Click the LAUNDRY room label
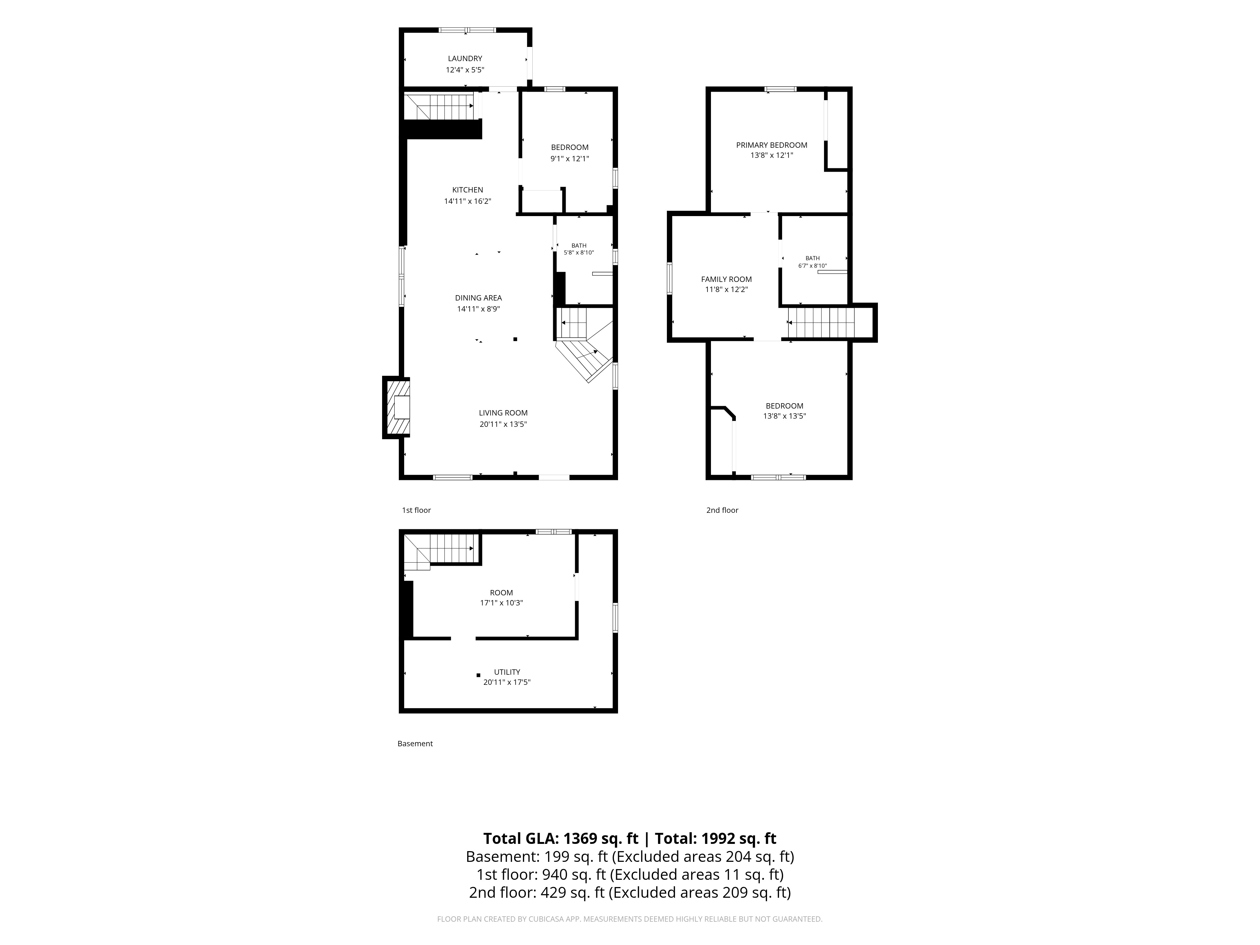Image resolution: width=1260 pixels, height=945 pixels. coord(465,58)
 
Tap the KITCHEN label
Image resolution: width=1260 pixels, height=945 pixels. coord(468,190)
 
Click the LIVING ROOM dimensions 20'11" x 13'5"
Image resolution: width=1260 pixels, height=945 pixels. coord(503,424)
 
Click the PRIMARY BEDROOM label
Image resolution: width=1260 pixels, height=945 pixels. coord(772,145)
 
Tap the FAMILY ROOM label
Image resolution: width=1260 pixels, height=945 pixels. coord(726,279)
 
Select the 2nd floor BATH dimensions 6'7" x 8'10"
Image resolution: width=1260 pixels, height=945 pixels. coord(812,266)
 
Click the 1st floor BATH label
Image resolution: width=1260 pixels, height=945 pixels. coord(579,245)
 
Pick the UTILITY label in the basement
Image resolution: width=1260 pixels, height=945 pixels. coord(507,672)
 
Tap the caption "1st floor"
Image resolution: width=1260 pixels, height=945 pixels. coord(416,510)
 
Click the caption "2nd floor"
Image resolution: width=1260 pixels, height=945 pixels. coord(722,510)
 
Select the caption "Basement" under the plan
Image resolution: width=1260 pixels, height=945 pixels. coord(415,743)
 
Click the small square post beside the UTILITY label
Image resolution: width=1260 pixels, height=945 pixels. coord(478,675)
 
